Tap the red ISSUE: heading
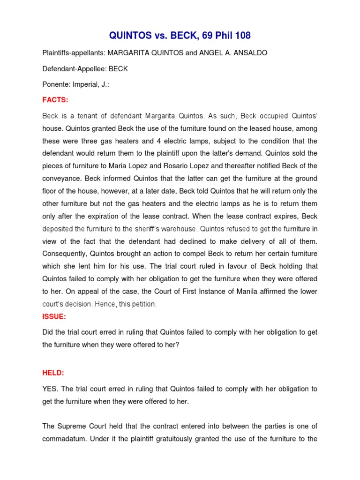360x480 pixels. click(x=54, y=316)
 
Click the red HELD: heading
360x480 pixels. click(x=53, y=373)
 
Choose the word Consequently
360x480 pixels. click(x=66, y=254)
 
